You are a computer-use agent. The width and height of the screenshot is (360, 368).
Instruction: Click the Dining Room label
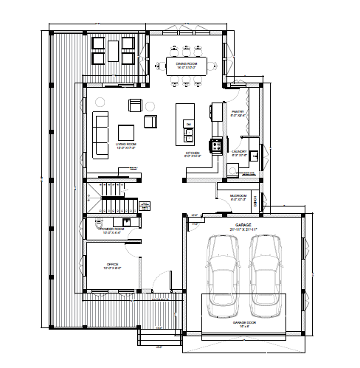[185, 63]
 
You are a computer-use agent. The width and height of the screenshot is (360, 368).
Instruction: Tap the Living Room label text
[126, 144]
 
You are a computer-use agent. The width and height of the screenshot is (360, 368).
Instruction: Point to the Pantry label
[238, 112]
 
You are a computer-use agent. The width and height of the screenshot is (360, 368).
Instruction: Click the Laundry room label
[238, 151]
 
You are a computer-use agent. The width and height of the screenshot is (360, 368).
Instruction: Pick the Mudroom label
[238, 195]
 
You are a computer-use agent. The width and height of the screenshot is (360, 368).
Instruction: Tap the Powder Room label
[111, 229]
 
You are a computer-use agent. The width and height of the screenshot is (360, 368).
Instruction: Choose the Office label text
[112, 264]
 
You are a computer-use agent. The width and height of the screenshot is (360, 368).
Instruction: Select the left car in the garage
[223, 274]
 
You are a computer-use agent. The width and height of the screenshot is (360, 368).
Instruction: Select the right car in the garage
[266, 274]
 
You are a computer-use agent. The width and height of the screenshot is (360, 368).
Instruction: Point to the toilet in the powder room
[126, 221]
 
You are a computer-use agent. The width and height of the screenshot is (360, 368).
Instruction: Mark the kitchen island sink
[188, 123]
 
